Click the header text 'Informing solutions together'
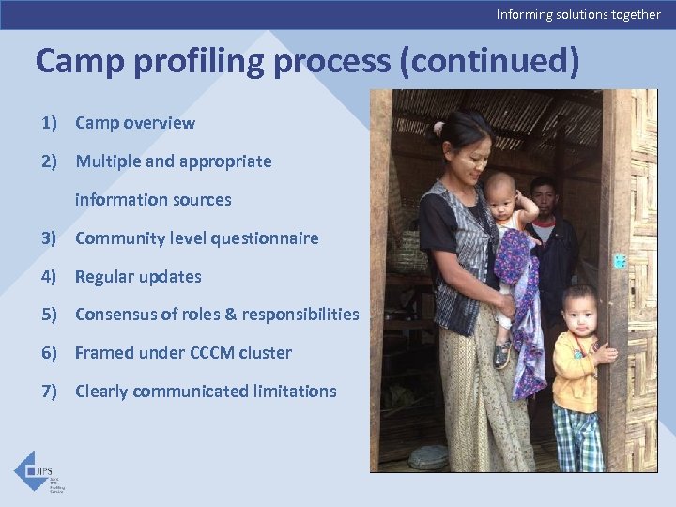(578, 14)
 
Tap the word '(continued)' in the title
(488, 61)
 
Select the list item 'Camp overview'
(135, 123)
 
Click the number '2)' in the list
(49, 161)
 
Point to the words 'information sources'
(153, 200)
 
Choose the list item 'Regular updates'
(138, 277)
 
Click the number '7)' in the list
(49, 392)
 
